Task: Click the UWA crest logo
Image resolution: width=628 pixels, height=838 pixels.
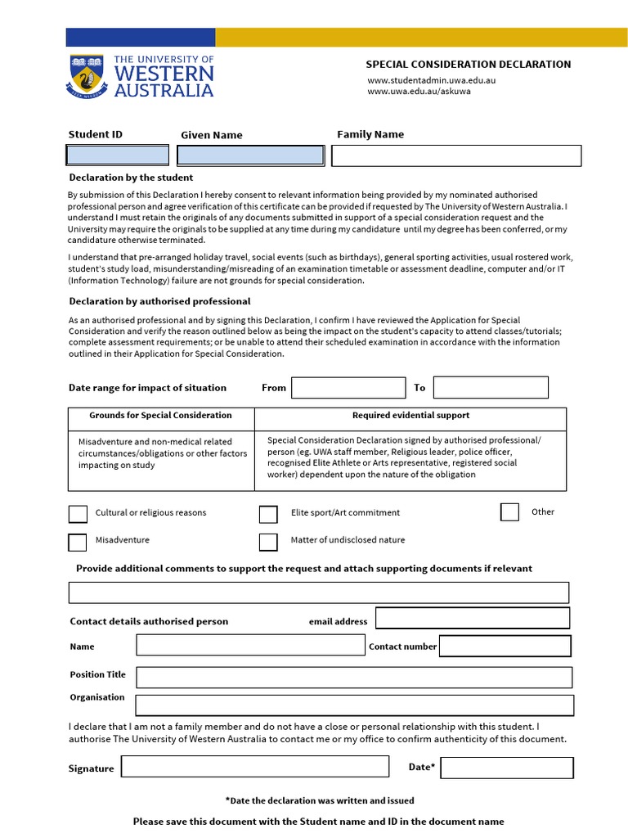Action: pyautogui.click(x=87, y=76)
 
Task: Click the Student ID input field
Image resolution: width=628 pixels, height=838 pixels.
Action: pyautogui.click(x=117, y=155)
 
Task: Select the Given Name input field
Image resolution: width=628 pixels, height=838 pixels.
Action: pyautogui.click(x=250, y=155)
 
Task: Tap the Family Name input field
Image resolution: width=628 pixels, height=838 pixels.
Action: pyautogui.click(x=456, y=155)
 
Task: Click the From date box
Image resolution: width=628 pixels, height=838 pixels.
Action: pyautogui.click(x=348, y=388)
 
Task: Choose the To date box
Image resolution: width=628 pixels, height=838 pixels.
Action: pyautogui.click(x=491, y=388)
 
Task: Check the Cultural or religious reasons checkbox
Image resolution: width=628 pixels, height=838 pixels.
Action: pyautogui.click(x=78, y=514)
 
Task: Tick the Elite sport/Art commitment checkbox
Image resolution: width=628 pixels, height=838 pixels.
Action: pyautogui.click(x=268, y=514)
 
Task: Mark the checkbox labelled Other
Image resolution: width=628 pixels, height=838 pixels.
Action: pyautogui.click(x=509, y=512)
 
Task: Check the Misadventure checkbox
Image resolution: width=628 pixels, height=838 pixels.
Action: pyautogui.click(x=78, y=542)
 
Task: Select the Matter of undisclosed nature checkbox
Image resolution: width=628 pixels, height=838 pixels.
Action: pyautogui.click(x=268, y=542)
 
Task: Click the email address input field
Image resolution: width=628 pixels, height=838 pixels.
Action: pyautogui.click(x=473, y=619)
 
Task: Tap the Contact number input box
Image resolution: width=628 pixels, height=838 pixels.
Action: pyautogui.click(x=505, y=647)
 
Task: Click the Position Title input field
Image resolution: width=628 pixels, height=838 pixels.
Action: pyautogui.click(x=354, y=678)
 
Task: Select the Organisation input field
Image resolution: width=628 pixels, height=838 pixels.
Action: pyautogui.click(x=354, y=705)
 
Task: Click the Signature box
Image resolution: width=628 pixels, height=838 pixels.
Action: pyautogui.click(x=255, y=767)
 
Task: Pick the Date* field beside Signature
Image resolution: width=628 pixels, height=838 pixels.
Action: pyautogui.click(x=507, y=768)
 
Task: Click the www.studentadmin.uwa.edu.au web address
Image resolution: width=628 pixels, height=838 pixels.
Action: pyautogui.click(x=432, y=80)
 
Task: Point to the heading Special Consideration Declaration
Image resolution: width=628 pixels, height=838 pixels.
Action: pyautogui.click(x=468, y=65)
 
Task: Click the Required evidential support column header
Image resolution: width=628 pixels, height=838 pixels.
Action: pyautogui.click(x=410, y=416)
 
